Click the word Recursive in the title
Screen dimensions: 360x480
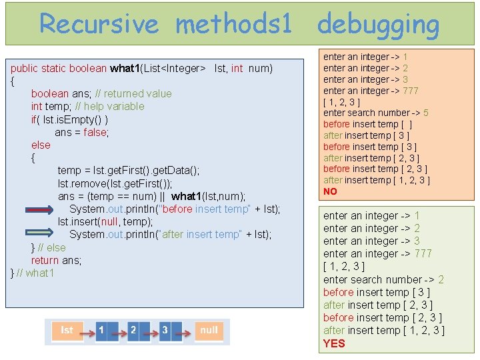click(x=99, y=25)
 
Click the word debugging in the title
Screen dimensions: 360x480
click(x=378, y=25)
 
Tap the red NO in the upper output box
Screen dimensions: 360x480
click(x=330, y=191)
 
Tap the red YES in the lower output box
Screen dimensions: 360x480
click(x=334, y=343)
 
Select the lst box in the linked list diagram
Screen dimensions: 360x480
click(x=67, y=331)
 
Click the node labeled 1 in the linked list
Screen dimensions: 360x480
click(x=101, y=331)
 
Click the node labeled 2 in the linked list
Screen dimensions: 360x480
click(x=133, y=331)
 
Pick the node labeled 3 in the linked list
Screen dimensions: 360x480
click(x=165, y=331)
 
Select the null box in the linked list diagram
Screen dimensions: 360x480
click(x=209, y=331)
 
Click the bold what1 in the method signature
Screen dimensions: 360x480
click(x=124, y=68)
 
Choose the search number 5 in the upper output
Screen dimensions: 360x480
click(x=425, y=113)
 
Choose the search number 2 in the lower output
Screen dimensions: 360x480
click(x=441, y=279)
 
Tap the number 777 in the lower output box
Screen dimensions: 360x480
click(x=423, y=253)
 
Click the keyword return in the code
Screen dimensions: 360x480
click(x=45, y=260)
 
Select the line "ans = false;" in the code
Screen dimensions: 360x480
click(x=81, y=132)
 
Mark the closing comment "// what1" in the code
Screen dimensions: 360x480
click(x=40, y=273)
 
